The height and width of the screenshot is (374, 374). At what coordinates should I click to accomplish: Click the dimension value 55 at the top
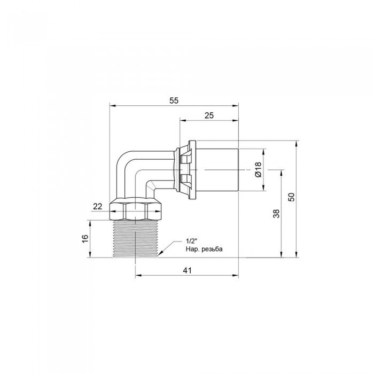coord(174,100)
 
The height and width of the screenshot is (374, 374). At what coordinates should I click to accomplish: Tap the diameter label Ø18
coord(258,170)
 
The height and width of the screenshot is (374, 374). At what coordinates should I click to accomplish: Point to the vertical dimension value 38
coord(276,214)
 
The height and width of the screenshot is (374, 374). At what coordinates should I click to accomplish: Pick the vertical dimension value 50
coord(291,197)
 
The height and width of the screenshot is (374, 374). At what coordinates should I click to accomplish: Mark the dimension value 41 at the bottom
coord(187,271)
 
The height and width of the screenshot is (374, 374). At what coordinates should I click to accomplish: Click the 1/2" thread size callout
coord(191,241)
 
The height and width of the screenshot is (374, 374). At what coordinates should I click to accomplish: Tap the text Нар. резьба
coord(204,250)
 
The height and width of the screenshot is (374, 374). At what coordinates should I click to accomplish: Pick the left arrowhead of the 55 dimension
coord(111,106)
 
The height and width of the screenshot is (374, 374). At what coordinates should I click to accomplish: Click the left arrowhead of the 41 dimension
coord(137,276)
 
